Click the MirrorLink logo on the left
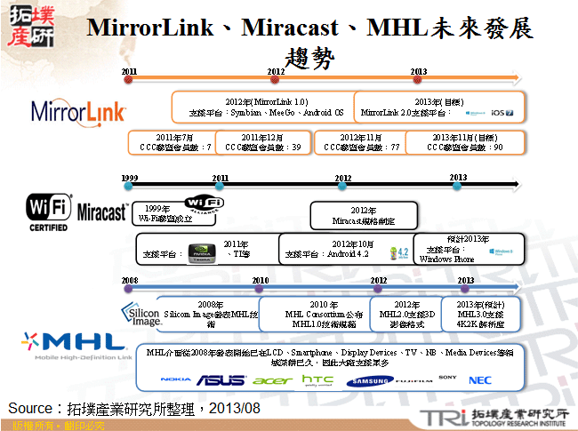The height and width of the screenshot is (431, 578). coord(78,111)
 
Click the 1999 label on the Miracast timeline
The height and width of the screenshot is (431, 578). coord(130,178)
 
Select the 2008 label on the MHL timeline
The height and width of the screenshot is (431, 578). coord(130,279)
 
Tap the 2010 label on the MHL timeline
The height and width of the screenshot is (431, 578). coord(260,279)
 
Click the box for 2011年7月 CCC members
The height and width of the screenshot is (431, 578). coord(171,142)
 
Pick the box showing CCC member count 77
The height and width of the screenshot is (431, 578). coord(360,142)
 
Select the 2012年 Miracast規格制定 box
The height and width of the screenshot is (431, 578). coord(364,215)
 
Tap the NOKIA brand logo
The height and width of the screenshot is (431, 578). coord(176,379)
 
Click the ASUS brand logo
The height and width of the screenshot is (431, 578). coord(221,379)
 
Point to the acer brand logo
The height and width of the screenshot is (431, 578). coord(272,379)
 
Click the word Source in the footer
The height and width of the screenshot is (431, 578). coord(32,407)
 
